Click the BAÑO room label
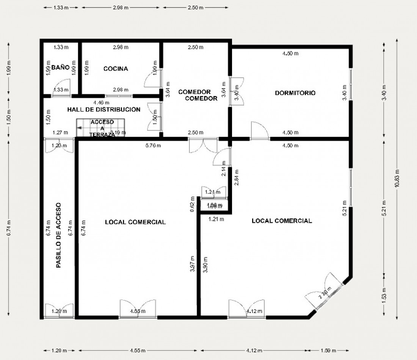pyautogui.click(x=61, y=67)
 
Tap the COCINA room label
pyautogui.click(x=116, y=69)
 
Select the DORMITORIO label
pyautogui.click(x=295, y=93)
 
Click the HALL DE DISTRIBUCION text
pyautogui.click(x=104, y=110)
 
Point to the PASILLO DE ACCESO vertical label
pyautogui.click(x=58, y=235)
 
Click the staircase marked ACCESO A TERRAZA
pyautogui.click(x=101, y=128)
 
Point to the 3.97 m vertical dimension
pyautogui.click(x=193, y=264)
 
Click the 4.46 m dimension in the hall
pyautogui.click(x=101, y=102)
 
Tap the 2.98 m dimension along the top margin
pyautogui.click(x=121, y=8)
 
